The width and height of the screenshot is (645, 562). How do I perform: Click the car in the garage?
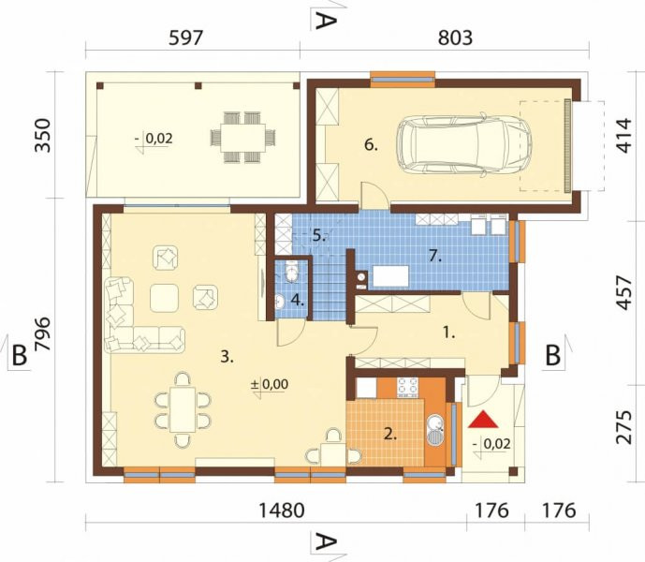point(464,146)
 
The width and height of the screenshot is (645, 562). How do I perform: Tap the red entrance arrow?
point(483,420)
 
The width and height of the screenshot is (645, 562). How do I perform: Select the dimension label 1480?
point(282,510)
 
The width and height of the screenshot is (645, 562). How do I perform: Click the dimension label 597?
point(186,37)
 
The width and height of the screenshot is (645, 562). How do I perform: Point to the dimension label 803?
point(455,37)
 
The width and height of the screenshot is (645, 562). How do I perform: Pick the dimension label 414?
point(624,136)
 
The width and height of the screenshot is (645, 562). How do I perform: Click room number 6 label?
point(371,145)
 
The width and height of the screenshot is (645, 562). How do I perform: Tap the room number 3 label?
point(227,357)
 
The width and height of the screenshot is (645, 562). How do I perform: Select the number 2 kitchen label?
point(390,434)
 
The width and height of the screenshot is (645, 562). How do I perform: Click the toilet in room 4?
point(292,272)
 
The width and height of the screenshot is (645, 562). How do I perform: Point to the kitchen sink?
point(435,430)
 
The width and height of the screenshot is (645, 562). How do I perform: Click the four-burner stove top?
point(407,388)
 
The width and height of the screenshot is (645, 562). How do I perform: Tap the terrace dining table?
point(242,138)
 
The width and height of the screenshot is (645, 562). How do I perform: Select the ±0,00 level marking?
point(270,384)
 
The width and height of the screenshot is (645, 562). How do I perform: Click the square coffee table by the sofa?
point(164,298)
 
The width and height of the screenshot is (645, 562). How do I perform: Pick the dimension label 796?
point(42,334)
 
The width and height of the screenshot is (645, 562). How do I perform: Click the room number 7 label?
point(434,256)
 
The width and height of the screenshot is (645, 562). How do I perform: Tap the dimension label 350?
point(42,136)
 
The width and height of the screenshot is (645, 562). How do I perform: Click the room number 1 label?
point(448,333)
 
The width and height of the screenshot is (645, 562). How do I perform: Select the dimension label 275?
point(624,427)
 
